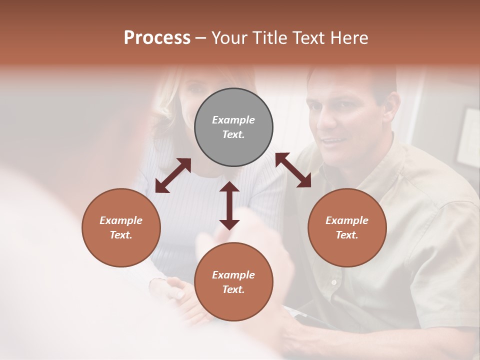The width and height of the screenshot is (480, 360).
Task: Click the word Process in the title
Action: click(157, 38)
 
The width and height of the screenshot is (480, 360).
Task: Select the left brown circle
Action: click(121, 227)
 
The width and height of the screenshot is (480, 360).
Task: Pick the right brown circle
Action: click(347, 227)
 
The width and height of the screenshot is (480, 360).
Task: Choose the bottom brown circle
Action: click(233, 281)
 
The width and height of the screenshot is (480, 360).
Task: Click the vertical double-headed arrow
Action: click(229, 205)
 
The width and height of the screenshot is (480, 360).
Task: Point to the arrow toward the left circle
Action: click(173, 175)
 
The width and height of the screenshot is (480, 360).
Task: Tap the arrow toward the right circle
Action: click(293, 170)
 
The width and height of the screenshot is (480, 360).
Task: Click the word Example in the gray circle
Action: click(233, 120)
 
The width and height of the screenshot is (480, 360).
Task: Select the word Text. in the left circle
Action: click(121, 235)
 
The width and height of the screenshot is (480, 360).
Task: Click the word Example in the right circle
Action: click(347, 220)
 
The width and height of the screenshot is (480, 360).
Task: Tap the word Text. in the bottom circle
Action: click(233, 289)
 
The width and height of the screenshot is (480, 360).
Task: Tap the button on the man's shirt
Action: click(333, 282)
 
